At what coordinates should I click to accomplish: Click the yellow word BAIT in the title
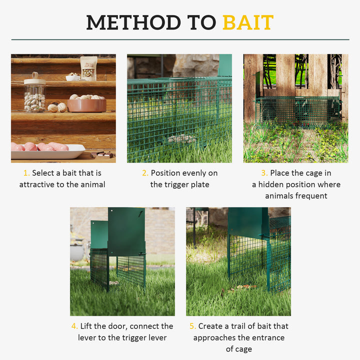click(248, 22)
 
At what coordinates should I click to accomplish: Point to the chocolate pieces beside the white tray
click(104, 155)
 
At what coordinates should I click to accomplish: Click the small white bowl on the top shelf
click(73, 77)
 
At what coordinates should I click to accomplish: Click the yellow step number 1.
click(26, 173)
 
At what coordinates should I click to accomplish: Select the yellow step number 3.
click(264, 173)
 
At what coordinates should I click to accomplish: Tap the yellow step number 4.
click(74, 326)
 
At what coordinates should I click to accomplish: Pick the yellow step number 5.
click(192, 326)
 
